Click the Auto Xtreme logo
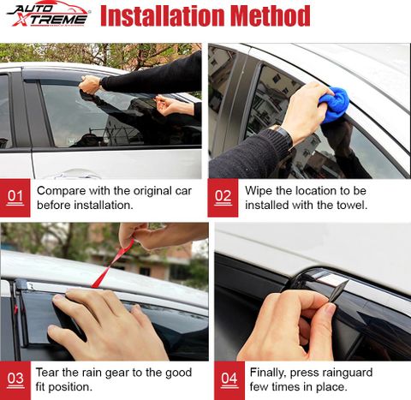tap(49, 14)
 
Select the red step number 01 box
tap(15, 198)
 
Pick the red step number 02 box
tap(223, 198)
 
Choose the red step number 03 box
tap(15, 380)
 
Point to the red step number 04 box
tap(229, 380)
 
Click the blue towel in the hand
tap(334, 104)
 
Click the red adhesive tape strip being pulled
tap(114, 263)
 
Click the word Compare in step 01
tap(62, 191)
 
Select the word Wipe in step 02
tap(259, 191)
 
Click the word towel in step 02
tap(352, 205)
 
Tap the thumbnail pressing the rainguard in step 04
tap(330, 309)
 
